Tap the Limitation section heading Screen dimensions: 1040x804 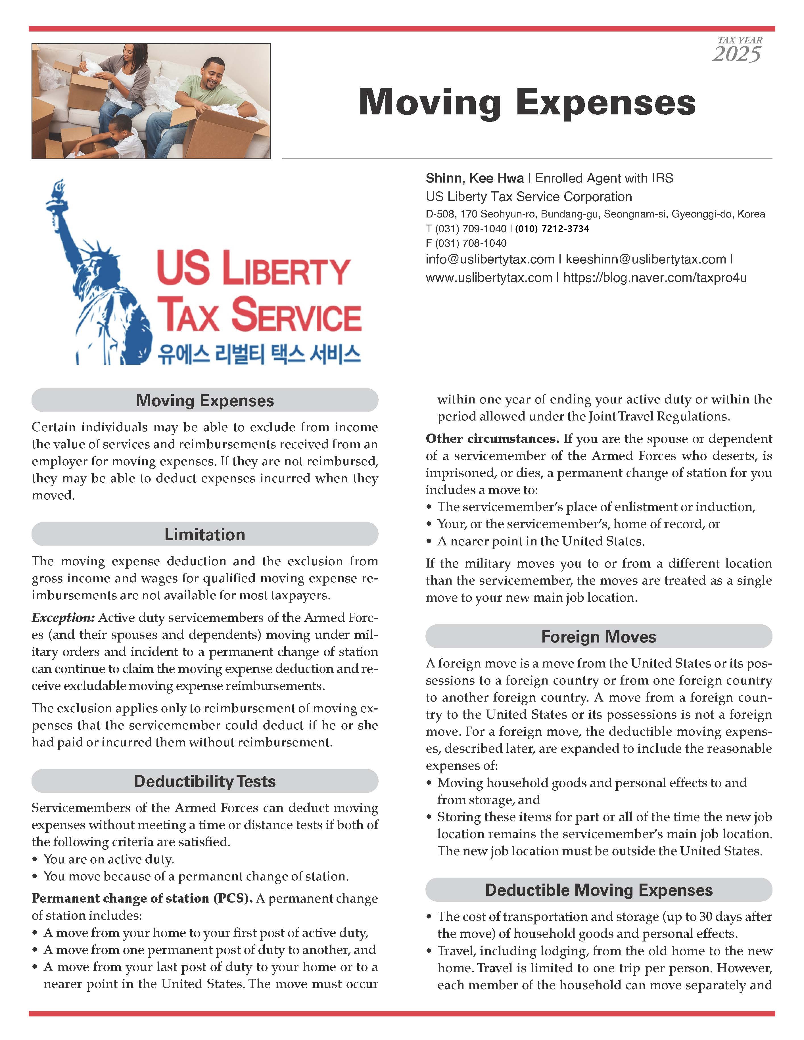coord(205,534)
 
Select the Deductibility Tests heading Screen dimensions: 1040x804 coord(205,781)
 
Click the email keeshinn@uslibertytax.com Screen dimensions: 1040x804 coord(646,260)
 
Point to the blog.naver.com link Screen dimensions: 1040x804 coord(655,278)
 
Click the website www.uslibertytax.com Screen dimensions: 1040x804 coord(489,278)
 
